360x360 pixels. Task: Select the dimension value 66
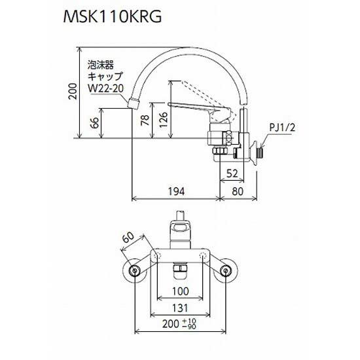click(96, 124)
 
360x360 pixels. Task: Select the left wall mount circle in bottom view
click(135, 271)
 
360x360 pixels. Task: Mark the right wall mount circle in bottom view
click(226, 271)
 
